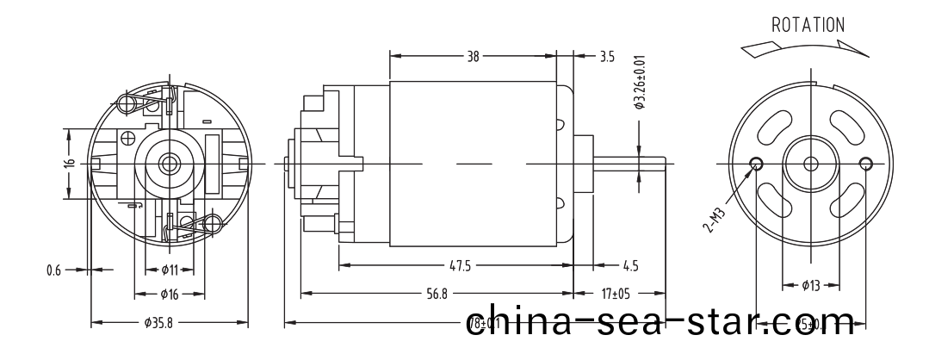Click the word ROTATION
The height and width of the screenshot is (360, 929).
coord(808,25)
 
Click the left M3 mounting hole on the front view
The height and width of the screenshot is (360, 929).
coord(758,164)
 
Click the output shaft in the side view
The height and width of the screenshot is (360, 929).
coord(629,164)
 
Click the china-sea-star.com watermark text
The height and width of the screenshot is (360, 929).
coord(664,320)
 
